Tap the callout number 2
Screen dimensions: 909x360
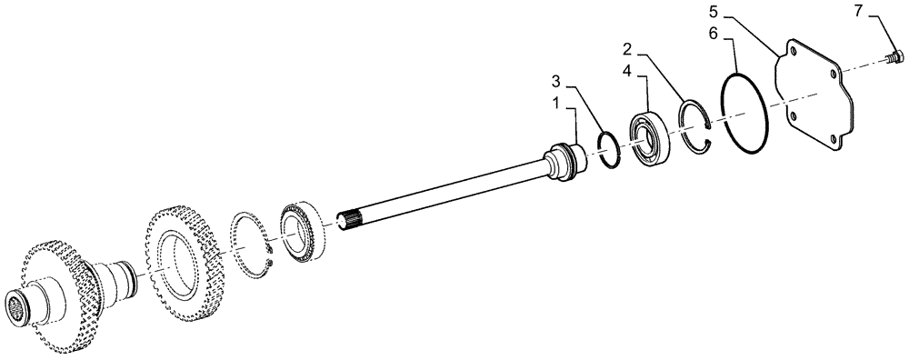(627, 48)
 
